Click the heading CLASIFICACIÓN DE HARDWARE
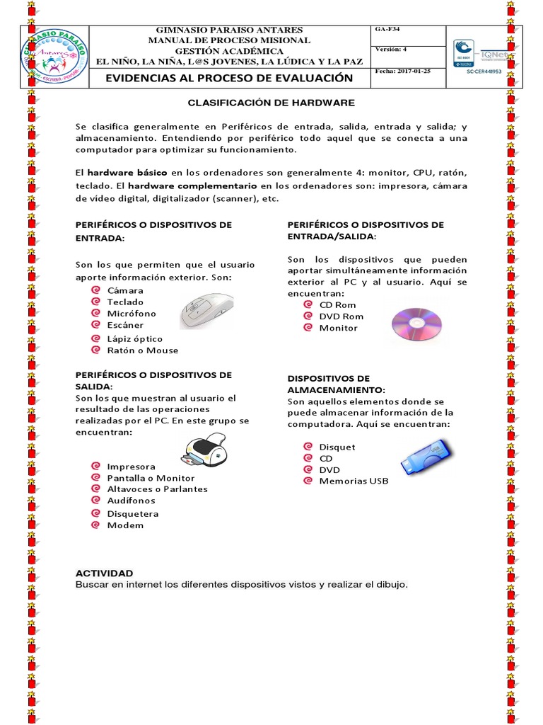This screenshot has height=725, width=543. tap(271, 103)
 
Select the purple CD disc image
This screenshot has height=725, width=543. tap(416, 324)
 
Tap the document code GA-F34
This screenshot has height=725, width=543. tap(387, 30)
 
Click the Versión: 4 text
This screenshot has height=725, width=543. tap(391, 50)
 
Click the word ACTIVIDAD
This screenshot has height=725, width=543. tap(104, 573)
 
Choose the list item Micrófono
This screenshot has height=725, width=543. tap(132, 314)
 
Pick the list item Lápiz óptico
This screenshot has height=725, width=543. tap(134, 339)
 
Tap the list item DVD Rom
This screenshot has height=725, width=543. tap(341, 316)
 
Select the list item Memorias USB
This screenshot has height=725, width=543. tap(354, 481)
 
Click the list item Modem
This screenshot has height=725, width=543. tap(125, 525)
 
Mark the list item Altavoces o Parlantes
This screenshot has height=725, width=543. tap(157, 489)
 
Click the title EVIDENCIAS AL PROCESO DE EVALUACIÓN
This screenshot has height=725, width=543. tap(228, 77)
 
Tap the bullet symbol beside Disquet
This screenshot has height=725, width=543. tap(308, 447)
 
